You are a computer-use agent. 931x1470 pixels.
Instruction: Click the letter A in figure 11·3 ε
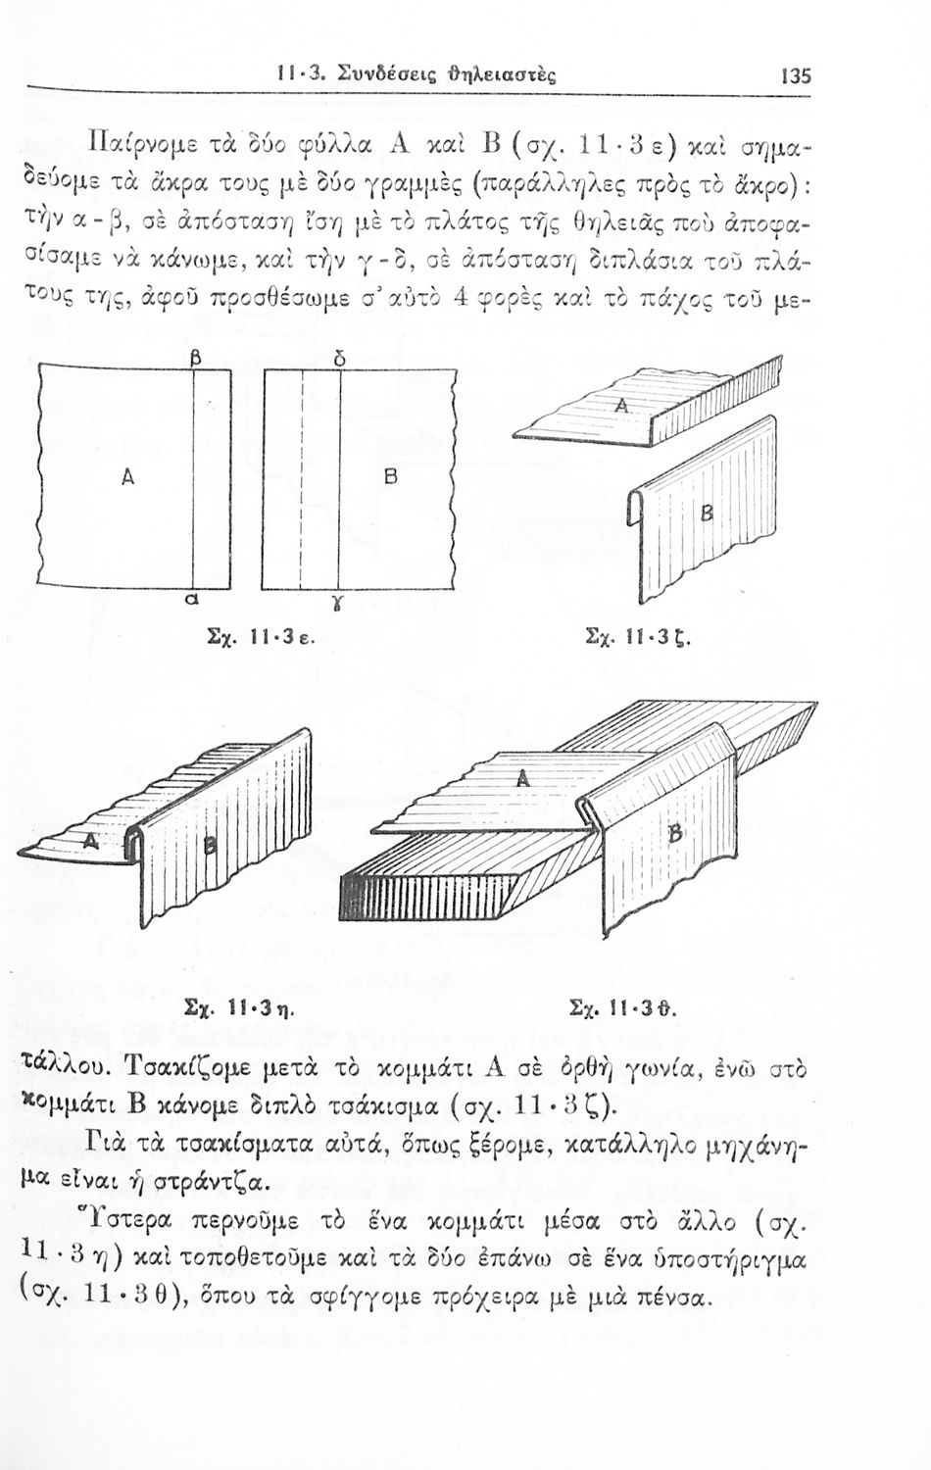pos(128,478)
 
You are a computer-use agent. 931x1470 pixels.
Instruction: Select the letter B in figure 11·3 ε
pos(390,477)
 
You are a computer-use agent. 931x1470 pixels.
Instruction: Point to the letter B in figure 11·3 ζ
pos(706,512)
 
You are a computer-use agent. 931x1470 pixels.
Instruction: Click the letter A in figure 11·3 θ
pos(522,778)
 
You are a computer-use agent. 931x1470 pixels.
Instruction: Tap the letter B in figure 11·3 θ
pos(676,835)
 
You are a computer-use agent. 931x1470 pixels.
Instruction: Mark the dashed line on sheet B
pos(301,479)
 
